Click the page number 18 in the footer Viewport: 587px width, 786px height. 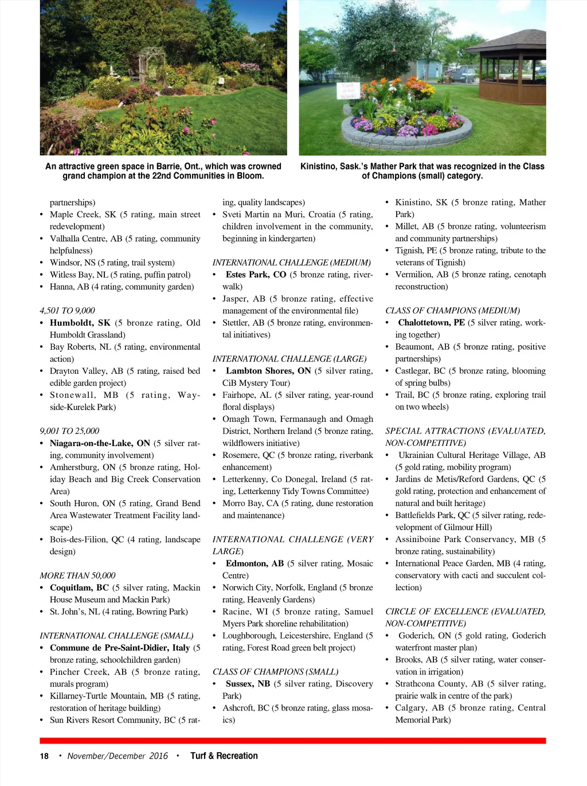pos(44,756)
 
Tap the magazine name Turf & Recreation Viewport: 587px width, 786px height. pos(224,756)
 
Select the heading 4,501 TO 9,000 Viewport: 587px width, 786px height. pos(67,311)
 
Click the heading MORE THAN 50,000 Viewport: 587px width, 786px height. pos(77,575)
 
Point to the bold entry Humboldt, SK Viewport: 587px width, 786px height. pos(80,323)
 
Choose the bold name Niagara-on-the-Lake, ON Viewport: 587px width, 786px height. pos(100,443)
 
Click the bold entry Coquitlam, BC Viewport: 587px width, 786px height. pos(79,587)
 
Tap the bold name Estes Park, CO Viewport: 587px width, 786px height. pos(256,275)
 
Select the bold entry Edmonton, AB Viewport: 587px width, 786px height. pos(255,563)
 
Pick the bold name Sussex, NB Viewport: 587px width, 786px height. pos(248,684)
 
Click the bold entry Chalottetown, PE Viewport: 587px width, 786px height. pos(431,323)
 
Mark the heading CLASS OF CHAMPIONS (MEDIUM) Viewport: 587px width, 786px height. pos(452,311)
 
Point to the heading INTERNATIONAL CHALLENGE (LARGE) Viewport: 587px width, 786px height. pos(289,359)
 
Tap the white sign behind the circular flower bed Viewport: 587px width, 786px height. pos(349,90)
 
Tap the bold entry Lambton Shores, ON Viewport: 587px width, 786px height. pos(268,371)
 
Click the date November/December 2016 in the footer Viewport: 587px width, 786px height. pos(118,756)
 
